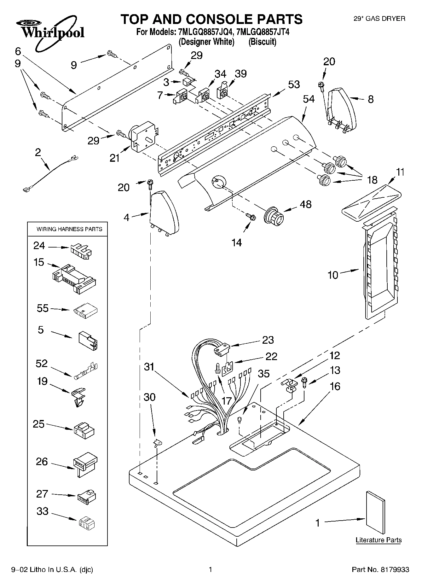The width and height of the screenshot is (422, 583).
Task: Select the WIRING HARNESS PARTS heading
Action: coord(69,229)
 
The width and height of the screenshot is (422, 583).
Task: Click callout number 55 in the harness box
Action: coord(43,308)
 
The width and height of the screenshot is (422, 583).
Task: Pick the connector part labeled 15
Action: coord(74,276)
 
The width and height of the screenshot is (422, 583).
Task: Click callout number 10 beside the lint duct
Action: coord(333,275)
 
